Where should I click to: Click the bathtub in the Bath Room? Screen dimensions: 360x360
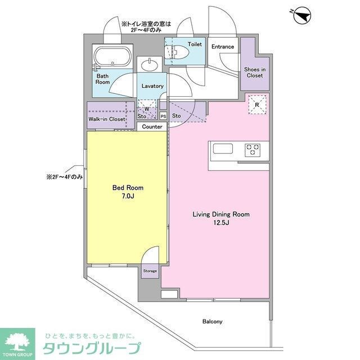click(x=112, y=57)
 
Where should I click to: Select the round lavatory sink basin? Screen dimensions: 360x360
click(x=150, y=65)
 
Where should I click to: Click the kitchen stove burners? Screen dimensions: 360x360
click(x=251, y=150)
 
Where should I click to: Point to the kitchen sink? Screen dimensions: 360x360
click(x=222, y=150)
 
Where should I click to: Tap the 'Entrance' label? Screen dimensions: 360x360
click(x=223, y=47)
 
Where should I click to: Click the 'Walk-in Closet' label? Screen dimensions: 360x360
click(x=106, y=119)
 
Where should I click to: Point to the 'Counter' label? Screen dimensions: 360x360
click(x=152, y=127)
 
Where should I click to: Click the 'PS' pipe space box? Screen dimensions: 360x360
click(x=163, y=116)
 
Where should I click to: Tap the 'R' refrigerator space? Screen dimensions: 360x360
click(x=257, y=105)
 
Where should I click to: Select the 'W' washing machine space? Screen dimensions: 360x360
click(x=147, y=109)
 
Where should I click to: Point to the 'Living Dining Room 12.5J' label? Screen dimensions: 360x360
click(x=221, y=218)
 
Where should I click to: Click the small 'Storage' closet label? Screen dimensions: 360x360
click(x=150, y=271)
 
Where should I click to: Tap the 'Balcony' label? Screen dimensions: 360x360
click(x=213, y=322)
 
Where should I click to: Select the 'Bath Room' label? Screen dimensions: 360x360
click(x=102, y=78)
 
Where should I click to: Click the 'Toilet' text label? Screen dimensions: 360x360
click(x=195, y=43)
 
